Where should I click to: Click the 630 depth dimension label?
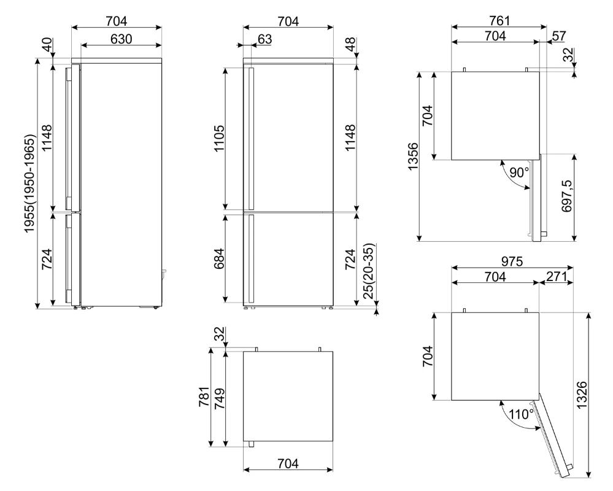[121, 39]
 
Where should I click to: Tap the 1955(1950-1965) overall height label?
[30, 184]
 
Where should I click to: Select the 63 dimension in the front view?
[264, 39]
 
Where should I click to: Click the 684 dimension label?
[219, 258]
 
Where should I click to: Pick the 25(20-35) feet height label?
[369, 271]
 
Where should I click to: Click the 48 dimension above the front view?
[350, 44]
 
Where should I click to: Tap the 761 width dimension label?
[499, 20]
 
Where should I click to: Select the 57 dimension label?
[559, 36]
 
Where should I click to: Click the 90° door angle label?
[519, 172]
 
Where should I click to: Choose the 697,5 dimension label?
[566, 196]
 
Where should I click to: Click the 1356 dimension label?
[413, 157]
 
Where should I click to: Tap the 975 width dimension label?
[511, 261]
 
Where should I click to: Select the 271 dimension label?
[556, 276]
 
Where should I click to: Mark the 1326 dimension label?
[582, 395]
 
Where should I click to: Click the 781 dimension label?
[204, 396]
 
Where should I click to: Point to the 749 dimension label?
[219, 398]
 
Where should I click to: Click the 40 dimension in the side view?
[47, 44]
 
